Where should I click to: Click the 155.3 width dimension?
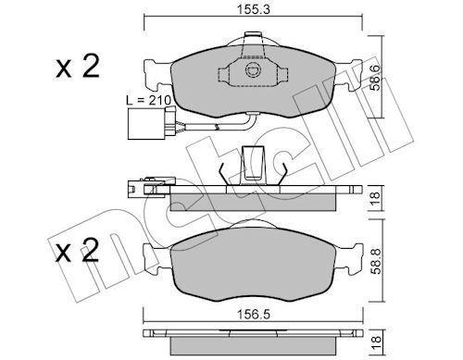tap(254, 9)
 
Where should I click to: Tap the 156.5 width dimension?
tap(254, 315)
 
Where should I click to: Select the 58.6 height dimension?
tap(375, 78)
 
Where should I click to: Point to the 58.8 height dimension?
tap(375, 261)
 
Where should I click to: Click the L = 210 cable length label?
tap(148, 100)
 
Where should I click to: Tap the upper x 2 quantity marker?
tap(78, 66)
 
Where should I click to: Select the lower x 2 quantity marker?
tap(78, 250)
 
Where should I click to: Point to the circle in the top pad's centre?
tap(254, 70)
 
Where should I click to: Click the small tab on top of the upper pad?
tap(253, 36)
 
